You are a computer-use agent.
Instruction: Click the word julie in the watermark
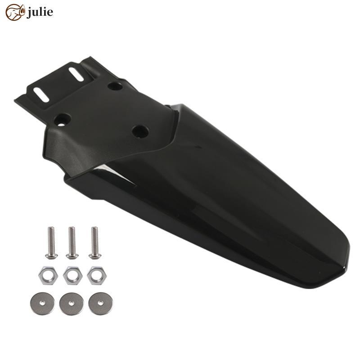tap(40, 12)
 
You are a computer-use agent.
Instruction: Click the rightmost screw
tap(94, 243)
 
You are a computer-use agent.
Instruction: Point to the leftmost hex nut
tap(48, 274)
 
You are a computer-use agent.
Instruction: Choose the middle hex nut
tap(72, 274)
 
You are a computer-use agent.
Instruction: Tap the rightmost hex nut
tap(95, 274)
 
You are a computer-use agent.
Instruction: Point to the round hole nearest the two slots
tap(115, 85)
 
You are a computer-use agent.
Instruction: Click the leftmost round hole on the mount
tap(62, 119)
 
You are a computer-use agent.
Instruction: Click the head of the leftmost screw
tap(51, 255)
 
